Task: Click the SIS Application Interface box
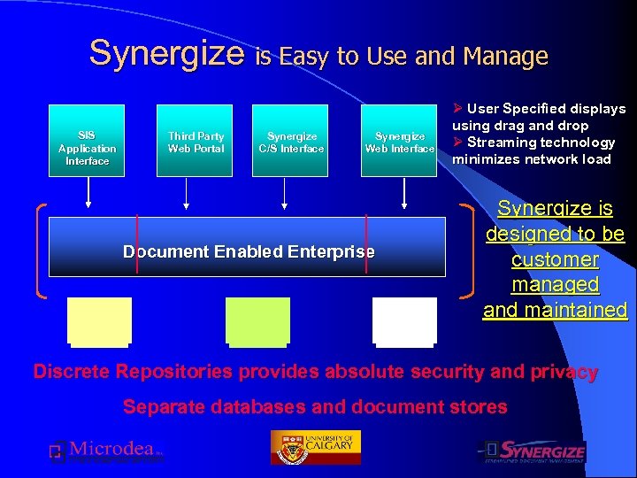point(87,142)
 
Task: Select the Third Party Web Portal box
point(196,142)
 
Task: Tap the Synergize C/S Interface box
point(291,142)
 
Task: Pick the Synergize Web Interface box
point(399,142)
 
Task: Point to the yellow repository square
point(99,320)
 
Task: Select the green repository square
point(257,320)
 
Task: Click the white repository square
point(404,320)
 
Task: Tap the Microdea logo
point(106,451)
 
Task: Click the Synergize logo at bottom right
point(533,451)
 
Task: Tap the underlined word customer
point(555,260)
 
